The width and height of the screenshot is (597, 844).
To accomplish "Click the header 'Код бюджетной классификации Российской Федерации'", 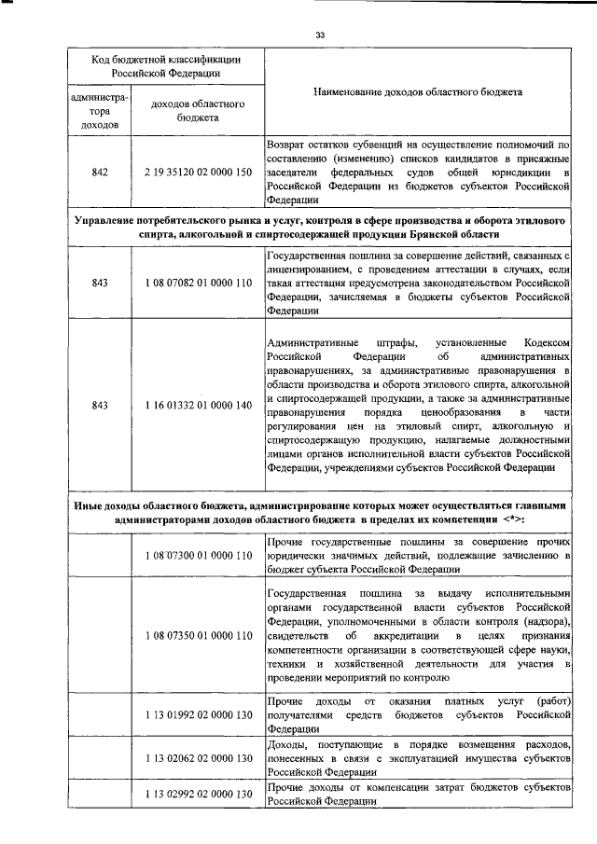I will click(x=166, y=64).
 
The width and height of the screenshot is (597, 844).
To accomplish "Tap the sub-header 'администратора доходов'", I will click(x=100, y=108).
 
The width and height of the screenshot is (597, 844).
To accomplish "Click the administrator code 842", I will click(x=100, y=173).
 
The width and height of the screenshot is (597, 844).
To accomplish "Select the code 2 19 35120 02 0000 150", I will click(x=198, y=173).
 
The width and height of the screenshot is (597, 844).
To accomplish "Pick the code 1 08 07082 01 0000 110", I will click(x=198, y=282).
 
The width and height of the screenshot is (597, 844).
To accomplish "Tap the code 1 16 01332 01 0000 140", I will click(x=198, y=405).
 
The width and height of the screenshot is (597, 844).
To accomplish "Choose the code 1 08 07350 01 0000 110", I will click(x=198, y=636).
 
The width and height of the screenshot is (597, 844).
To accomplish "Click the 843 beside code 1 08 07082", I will click(x=100, y=282).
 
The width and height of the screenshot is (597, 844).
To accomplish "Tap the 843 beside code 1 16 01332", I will click(x=100, y=405).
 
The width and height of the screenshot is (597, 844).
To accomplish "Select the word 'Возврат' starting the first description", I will click(x=285, y=145).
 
